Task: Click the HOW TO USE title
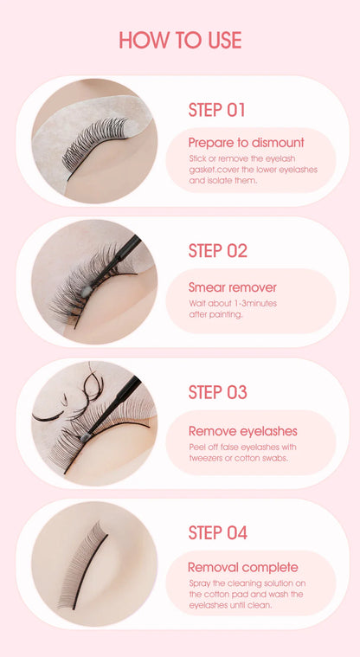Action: click(180, 40)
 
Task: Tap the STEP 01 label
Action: click(217, 110)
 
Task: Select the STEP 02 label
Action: click(218, 251)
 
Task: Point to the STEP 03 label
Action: click(218, 392)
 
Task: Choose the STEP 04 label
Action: click(218, 533)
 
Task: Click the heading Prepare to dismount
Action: click(247, 142)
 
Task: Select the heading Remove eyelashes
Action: click(243, 430)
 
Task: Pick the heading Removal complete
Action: click(243, 567)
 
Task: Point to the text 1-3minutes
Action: click(250, 304)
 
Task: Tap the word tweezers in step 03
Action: click(204, 458)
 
